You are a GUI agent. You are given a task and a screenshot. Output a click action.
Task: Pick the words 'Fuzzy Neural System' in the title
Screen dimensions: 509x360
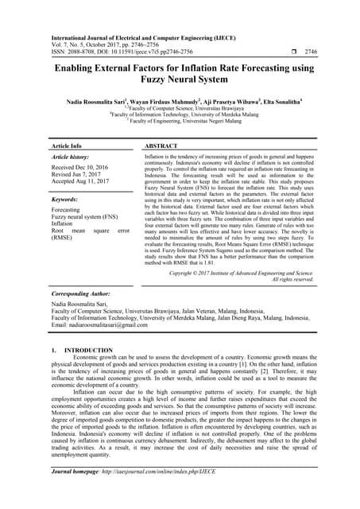click(180, 82)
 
